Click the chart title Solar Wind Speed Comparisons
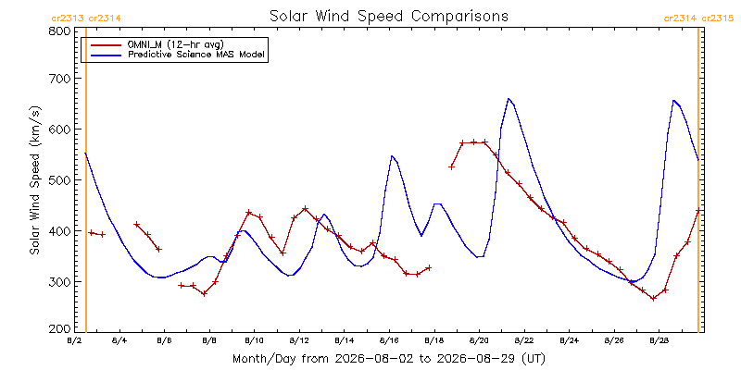point(389,16)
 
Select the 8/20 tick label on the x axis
point(479,340)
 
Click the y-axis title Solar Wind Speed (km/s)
point(34,180)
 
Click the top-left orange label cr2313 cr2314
point(86,18)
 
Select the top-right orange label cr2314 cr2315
point(698,18)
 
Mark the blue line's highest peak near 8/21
point(509,99)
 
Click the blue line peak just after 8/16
point(392,155)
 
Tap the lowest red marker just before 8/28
point(654,298)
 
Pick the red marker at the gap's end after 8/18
point(451,167)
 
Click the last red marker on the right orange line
point(698,211)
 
